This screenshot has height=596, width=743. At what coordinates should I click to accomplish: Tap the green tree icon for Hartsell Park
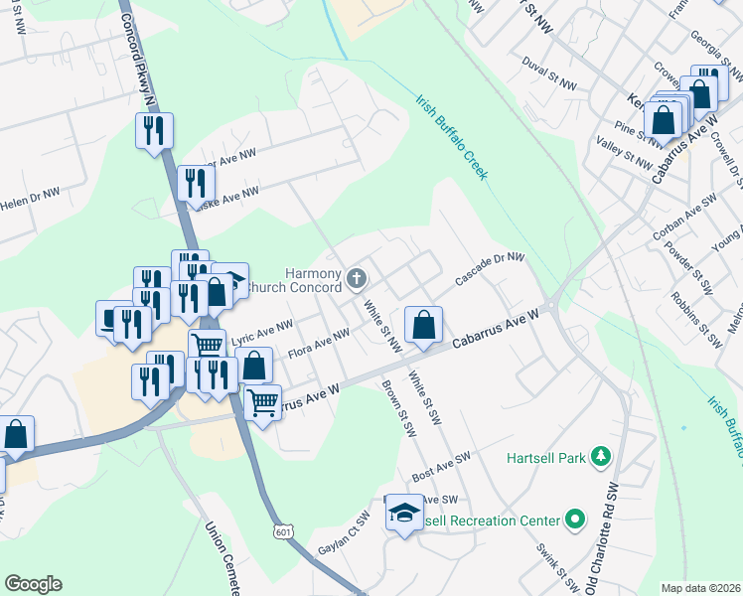pos(600,456)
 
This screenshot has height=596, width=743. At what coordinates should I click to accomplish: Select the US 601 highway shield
pos(285,534)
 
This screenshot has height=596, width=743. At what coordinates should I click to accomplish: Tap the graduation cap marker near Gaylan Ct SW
pos(403,513)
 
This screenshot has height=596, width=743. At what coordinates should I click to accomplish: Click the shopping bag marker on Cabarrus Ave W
pos(423,325)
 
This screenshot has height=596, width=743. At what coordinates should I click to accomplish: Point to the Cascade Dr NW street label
pos(490,268)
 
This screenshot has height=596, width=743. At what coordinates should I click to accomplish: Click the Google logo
pos(32,583)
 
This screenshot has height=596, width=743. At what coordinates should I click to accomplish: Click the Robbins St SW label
pos(696,320)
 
